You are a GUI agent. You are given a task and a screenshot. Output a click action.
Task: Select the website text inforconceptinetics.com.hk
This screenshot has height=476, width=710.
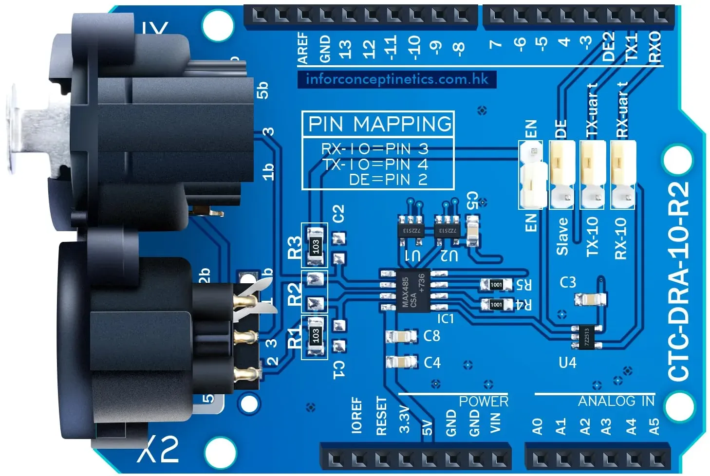pyautogui.click(x=396, y=79)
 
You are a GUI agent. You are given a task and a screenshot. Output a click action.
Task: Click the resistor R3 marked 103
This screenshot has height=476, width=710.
pyautogui.click(x=315, y=245)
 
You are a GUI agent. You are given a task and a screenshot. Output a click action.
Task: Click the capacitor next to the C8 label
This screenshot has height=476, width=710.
pyautogui.click(x=401, y=336)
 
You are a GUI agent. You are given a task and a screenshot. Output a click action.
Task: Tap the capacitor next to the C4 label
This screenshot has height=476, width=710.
pyautogui.click(x=401, y=362)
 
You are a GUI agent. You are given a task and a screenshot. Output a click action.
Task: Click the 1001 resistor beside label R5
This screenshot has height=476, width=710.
pyautogui.click(x=496, y=285)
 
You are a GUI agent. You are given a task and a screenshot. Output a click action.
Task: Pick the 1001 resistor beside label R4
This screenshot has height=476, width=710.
pyautogui.click(x=496, y=305)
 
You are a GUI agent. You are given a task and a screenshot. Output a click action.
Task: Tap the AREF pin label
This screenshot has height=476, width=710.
pyautogui.click(x=303, y=48)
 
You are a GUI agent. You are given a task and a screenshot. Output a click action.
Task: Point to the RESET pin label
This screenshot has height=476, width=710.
pyautogui.click(x=381, y=416)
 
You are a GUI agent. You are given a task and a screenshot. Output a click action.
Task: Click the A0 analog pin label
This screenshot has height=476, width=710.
pyautogui.click(x=537, y=426)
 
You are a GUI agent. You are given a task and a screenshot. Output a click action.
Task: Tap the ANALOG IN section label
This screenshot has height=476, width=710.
pyautogui.click(x=616, y=401)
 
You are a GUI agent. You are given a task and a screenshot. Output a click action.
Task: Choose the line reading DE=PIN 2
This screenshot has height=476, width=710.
pyautogui.click(x=388, y=180)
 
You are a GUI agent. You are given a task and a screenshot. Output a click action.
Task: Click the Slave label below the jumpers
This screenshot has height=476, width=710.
pyautogui.click(x=562, y=237)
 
